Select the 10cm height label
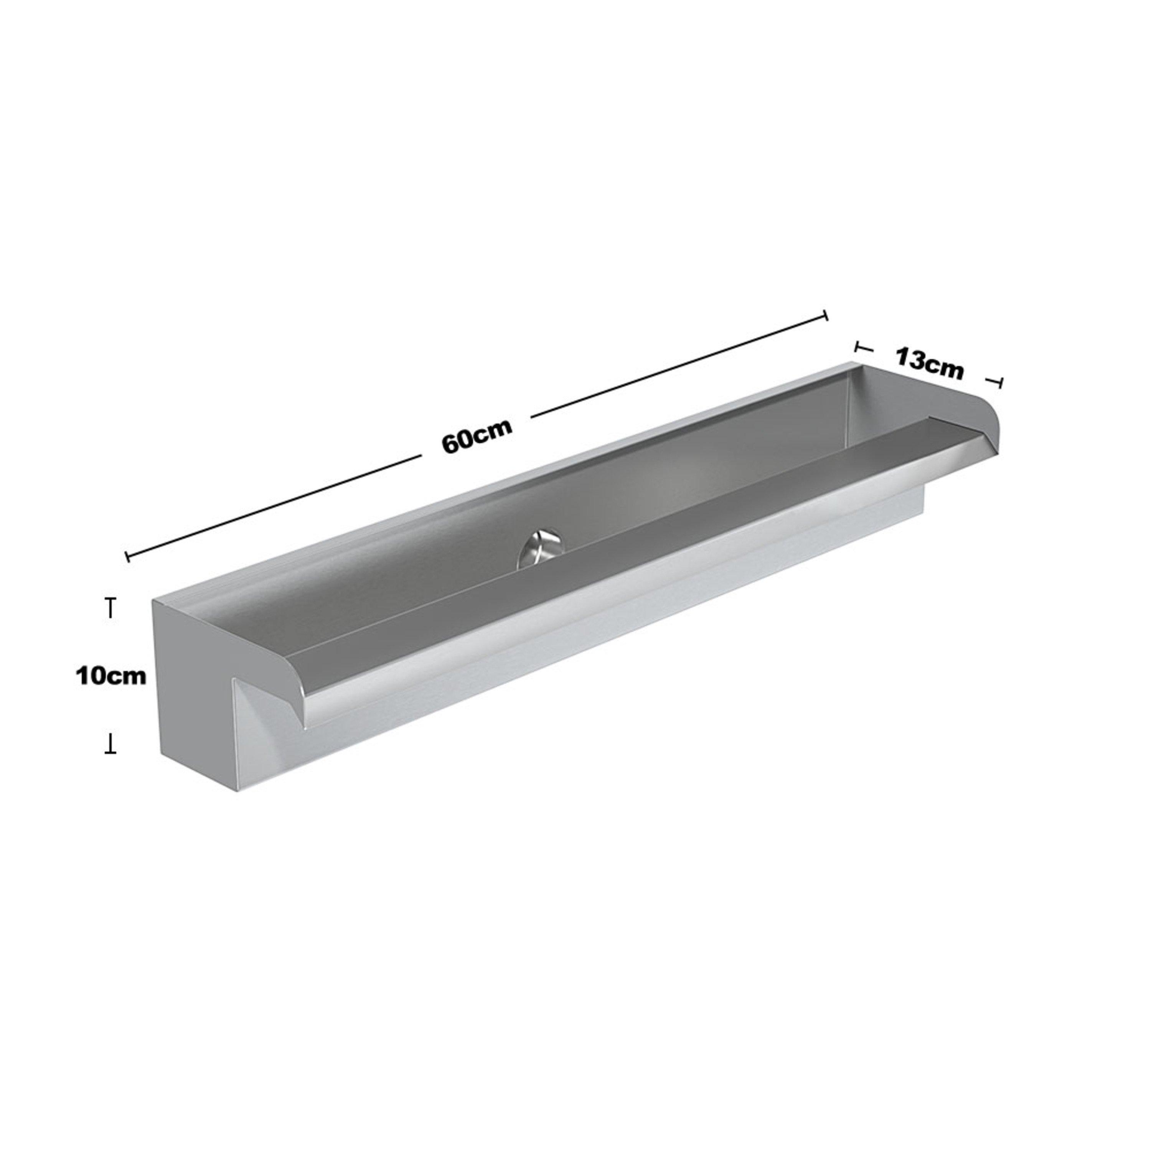pos(111,676)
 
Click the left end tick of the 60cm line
pos(127,556)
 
